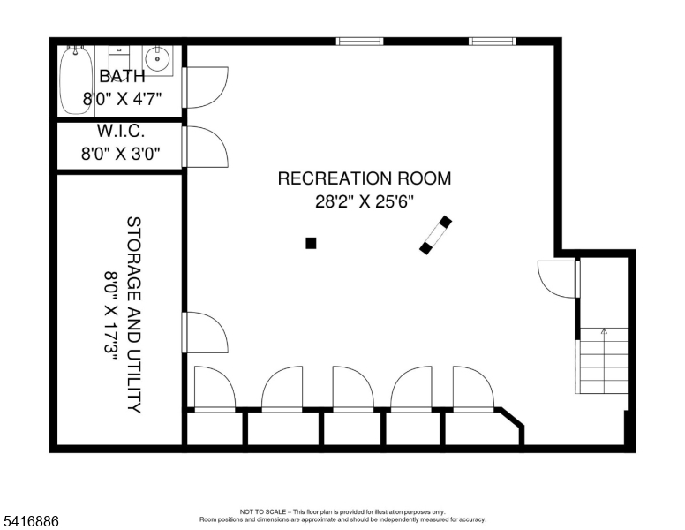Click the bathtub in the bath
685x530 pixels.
point(77,80)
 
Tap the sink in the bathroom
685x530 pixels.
point(159,60)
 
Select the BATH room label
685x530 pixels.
point(122,76)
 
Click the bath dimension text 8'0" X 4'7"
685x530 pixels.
point(122,99)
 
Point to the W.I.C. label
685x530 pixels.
point(121,131)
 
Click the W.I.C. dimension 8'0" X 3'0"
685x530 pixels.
point(121,154)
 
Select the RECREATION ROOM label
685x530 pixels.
point(364,178)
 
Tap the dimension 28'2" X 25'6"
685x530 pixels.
point(364,201)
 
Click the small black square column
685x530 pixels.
point(311,243)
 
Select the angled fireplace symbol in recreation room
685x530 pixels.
point(436,235)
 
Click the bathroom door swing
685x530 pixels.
point(205,87)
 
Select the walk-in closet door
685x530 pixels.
point(205,147)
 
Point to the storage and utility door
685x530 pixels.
point(205,332)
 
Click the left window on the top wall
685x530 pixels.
point(360,41)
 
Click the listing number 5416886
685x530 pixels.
point(31,522)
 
